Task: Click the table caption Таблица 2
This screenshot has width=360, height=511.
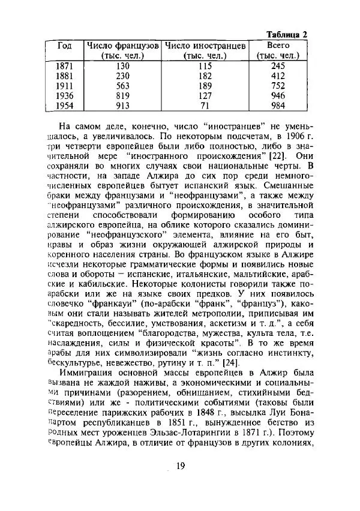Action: coord(286,34)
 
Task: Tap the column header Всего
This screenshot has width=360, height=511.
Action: coord(277,46)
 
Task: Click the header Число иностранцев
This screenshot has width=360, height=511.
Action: coord(205,46)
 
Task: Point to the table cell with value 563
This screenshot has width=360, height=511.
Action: coord(122,85)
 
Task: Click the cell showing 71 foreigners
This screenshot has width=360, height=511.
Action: coord(205,106)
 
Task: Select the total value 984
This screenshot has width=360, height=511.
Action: coord(277,106)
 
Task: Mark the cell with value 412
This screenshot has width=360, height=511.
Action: coord(277,76)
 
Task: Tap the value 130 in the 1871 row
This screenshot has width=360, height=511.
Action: coord(122,66)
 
